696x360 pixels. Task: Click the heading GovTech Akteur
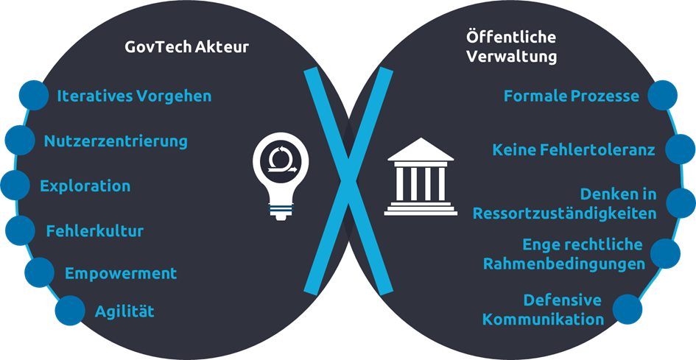pyautogui.click(x=186, y=48)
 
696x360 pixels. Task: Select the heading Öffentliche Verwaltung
pyautogui.click(x=511, y=46)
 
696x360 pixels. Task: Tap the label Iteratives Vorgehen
pyautogui.click(x=134, y=96)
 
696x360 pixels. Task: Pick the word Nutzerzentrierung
pyautogui.click(x=116, y=141)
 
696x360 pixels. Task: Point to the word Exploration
pyautogui.click(x=85, y=186)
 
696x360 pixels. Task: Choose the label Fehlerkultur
pyautogui.click(x=94, y=230)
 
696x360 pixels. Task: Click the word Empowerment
pyautogui.click(x=121, y=273)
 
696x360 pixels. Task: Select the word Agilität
pyautogui.click(x=124, y=311)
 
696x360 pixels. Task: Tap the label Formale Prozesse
pyautogui.click(x=572, y=96)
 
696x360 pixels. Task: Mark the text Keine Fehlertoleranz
pyautogui.click(x=574, y=150)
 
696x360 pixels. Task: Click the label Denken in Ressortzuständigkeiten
pyautogui.click(x=564, y=204)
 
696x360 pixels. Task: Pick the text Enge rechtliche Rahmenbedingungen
pyautogui.click(x=564, y=253)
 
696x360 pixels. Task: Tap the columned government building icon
pyautogui.click(x=420, y=177)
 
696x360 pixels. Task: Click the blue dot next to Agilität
pyautogui.click(x=70, y=310)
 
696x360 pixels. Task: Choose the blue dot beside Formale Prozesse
pyautogui.click(x=663, y=95)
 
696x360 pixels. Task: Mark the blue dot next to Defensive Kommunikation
pyautogui.click(x=628, y=308)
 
